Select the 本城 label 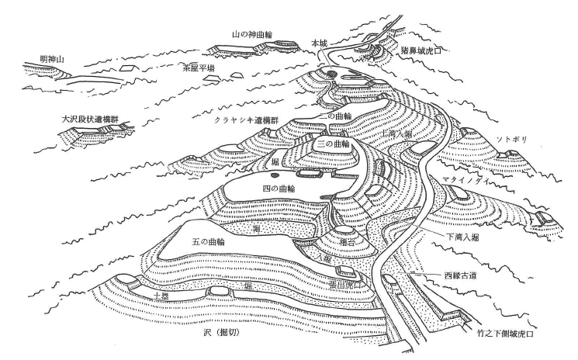[319, 44]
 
